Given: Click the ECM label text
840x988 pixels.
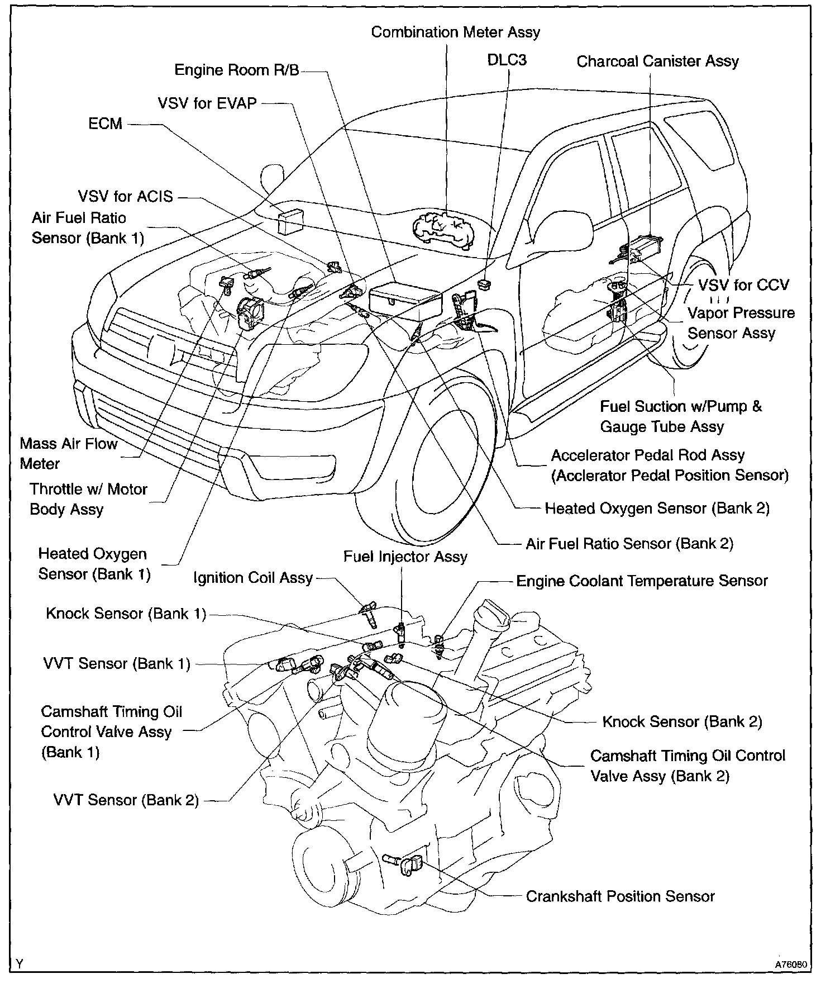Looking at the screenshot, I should (105, 123).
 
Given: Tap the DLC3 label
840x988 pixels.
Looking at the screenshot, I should (507, 60).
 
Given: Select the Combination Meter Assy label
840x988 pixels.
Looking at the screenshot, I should (455, 32).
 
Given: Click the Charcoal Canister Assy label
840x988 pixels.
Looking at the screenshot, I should (657, 61).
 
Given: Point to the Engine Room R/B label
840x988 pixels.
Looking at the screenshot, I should (237, 70).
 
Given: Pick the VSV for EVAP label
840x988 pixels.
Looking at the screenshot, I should (207, 103).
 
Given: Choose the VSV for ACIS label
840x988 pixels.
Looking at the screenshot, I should (125, 197).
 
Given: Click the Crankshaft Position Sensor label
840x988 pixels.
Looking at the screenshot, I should (620, 896).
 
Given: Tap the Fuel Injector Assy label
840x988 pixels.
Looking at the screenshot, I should (405, 557).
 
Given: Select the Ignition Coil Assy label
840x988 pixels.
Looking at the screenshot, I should (252, 578).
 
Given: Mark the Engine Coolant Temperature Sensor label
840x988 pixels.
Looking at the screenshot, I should (642, 581).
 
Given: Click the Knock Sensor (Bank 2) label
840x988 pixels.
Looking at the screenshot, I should (682, 722).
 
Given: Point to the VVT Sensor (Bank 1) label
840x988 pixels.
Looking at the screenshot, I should (117, 664).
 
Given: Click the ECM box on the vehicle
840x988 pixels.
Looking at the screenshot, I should (290, 222).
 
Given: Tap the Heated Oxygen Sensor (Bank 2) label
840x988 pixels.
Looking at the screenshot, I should (657, 509).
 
